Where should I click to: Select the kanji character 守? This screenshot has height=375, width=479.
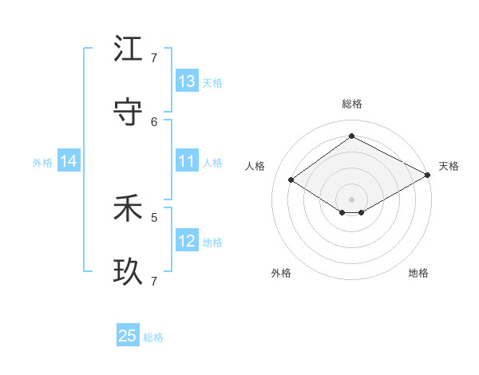(x=128, y=112)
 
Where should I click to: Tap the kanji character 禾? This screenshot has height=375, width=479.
(x=128, y=209)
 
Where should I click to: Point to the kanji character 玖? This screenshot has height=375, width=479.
(x=128, y=272)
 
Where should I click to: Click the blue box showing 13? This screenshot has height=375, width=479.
(x=187, y=81)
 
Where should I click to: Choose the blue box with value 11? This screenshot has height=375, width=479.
(x=187, y=161)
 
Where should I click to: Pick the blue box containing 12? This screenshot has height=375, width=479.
(x=187, y=240)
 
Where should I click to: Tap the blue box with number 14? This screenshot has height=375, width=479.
(x=69, y=161)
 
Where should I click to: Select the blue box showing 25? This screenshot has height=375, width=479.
(x=128, y=336)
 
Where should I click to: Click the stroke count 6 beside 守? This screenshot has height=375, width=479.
(x=154, y=121)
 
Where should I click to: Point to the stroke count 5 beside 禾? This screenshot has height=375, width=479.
(x=154, y=216)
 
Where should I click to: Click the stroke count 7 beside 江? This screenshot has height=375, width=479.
(x=154, y=57)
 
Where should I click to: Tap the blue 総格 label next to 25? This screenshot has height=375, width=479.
(x=153, y=337)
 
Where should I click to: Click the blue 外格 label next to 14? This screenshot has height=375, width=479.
(x=42, y=162)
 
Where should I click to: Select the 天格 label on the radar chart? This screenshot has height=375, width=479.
(x=449, y=166)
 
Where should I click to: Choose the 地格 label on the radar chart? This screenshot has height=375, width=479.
(x=418, y=273)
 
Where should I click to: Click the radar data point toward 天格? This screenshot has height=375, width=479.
(x=428, y=175)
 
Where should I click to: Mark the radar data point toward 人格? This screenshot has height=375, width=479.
(x=291, y=180)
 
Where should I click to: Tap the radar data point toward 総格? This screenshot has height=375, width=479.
(x=351, y=136)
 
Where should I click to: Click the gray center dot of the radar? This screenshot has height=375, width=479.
(x=351, y=199)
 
